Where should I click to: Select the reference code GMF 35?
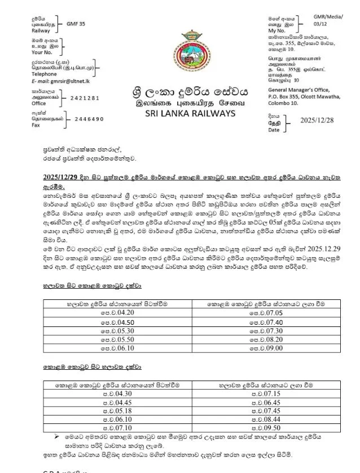76,25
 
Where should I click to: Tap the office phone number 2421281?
85,98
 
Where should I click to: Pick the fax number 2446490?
89,119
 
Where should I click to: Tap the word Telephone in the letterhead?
44,74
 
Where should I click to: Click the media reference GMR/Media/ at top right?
328,17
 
